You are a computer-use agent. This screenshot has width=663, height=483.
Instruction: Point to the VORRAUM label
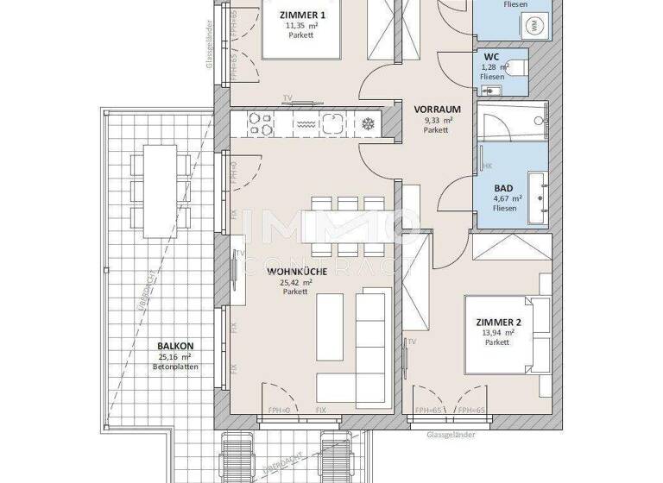point(436,110)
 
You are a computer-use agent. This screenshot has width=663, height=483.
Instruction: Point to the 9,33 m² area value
point(436,121)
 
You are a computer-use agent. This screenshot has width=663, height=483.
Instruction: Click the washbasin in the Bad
point(540,191)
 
